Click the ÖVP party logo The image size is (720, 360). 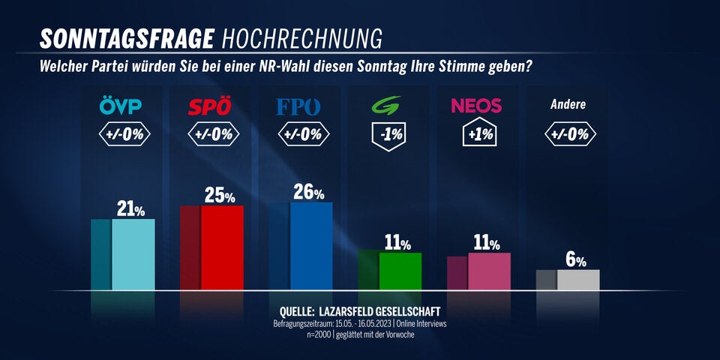pyautogui.click(x=120, y=106)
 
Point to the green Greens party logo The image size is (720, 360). pyautogui.click(x=388, y=106)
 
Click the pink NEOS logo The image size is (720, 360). pyautogui.click(x=476, y=106)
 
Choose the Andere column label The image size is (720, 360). pyautogui.click(x=566, y=105)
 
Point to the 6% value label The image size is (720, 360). pyautogui.click(x=576, y=260)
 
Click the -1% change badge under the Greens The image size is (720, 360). pyautogui.click(x=388, y=135)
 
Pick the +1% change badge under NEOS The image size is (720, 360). pyautogui.click(x=477, y=135)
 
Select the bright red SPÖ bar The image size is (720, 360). pyautogui.click(x=222, y=247)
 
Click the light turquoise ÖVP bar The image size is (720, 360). pyautogui.click(x=133, y=254)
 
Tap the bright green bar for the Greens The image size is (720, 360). pyautogui.click(x=400, y=271)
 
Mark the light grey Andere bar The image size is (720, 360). pyautogui.click(x=577, y=280)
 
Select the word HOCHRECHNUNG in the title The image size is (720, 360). pyautogui.click(x=302, y=38)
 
